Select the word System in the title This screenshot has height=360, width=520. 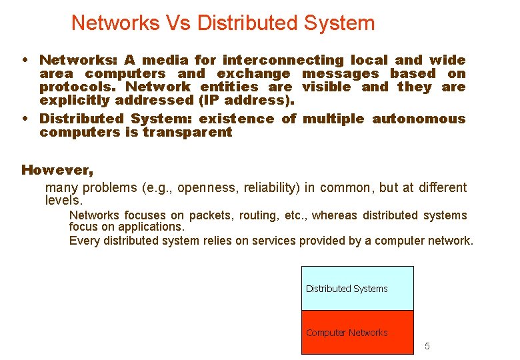[x=339, y=23]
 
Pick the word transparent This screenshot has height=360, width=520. [x=187, y=132]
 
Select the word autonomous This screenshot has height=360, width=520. [x=419, y=119]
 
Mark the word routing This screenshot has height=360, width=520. [x=261, y=215]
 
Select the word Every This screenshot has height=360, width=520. [x=82, y=241]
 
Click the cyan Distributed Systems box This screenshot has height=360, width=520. [x=357, y=289]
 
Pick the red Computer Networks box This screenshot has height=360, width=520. [x=357, y=332]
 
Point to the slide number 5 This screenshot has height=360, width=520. [x=427, y=346]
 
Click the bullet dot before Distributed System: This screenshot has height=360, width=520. [x=25, y=119]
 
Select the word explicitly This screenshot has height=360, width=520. [x=75, y=100]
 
